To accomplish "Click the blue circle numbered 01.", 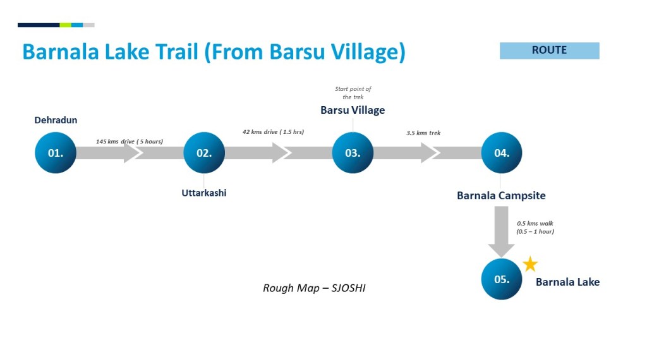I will point(55,152).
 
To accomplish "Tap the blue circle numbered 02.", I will point(204,152).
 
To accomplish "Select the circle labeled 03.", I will point(353,152).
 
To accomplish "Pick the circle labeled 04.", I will point(502,152).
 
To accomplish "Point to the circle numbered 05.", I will point(502,279).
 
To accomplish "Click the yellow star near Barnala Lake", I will point(530,265).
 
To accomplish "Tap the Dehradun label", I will point(56,120).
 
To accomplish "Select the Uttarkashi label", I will point(203,193).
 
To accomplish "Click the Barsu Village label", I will point(353,110).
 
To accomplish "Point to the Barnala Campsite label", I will point(501,195).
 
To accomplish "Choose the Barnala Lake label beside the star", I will point(567,282).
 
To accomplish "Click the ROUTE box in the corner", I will point(549,51).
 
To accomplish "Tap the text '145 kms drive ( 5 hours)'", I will point(129,141).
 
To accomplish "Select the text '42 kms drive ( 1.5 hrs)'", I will point(273,132).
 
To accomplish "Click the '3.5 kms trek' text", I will point(423,133).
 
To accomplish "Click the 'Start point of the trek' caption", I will point(353,93).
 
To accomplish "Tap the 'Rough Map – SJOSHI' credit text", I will point(314,288).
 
